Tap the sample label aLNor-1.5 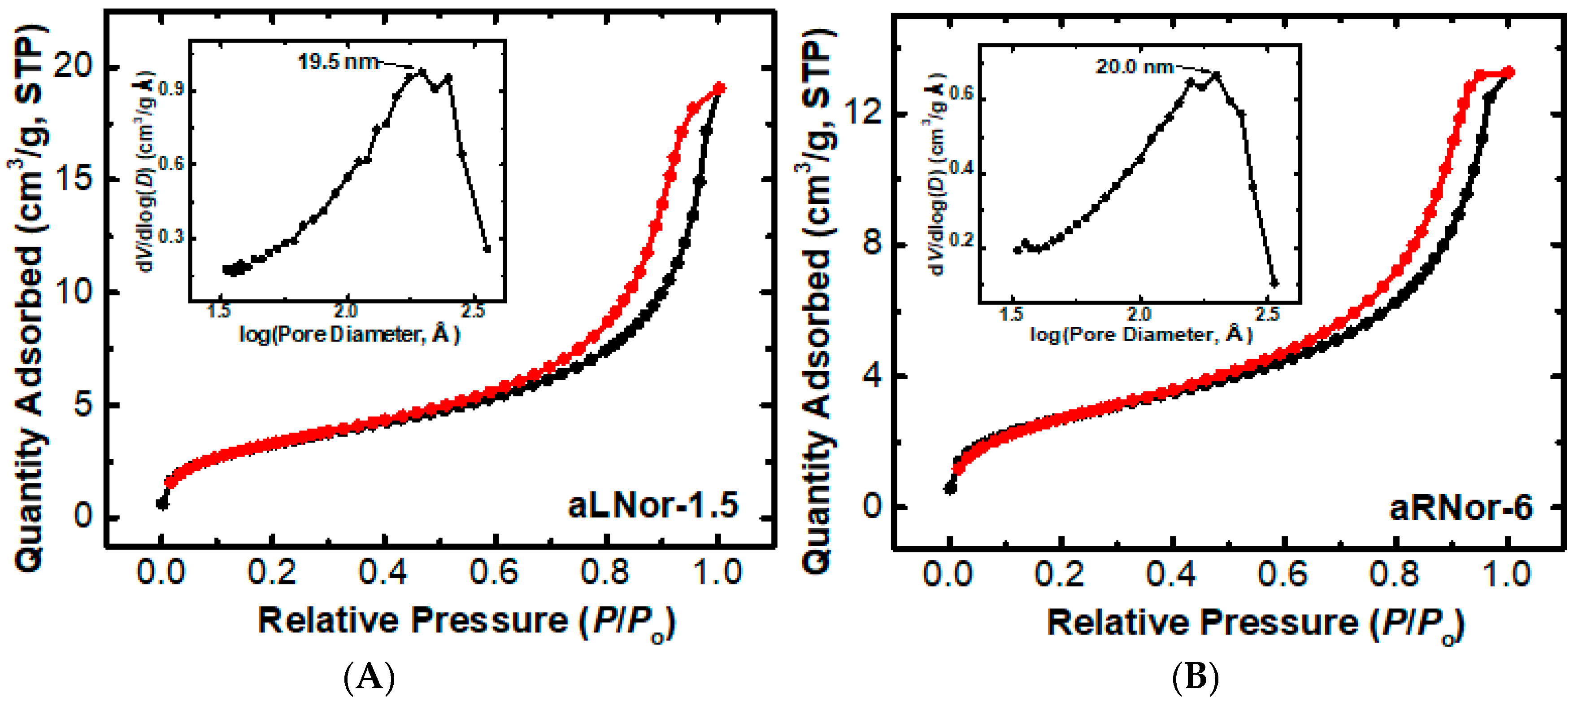point(652,506)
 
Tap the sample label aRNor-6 point(1461,508)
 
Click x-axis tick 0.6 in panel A point(494,573)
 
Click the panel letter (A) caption point(370,678)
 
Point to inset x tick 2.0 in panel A point(345,312)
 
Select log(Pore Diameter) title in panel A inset point(349,334)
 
